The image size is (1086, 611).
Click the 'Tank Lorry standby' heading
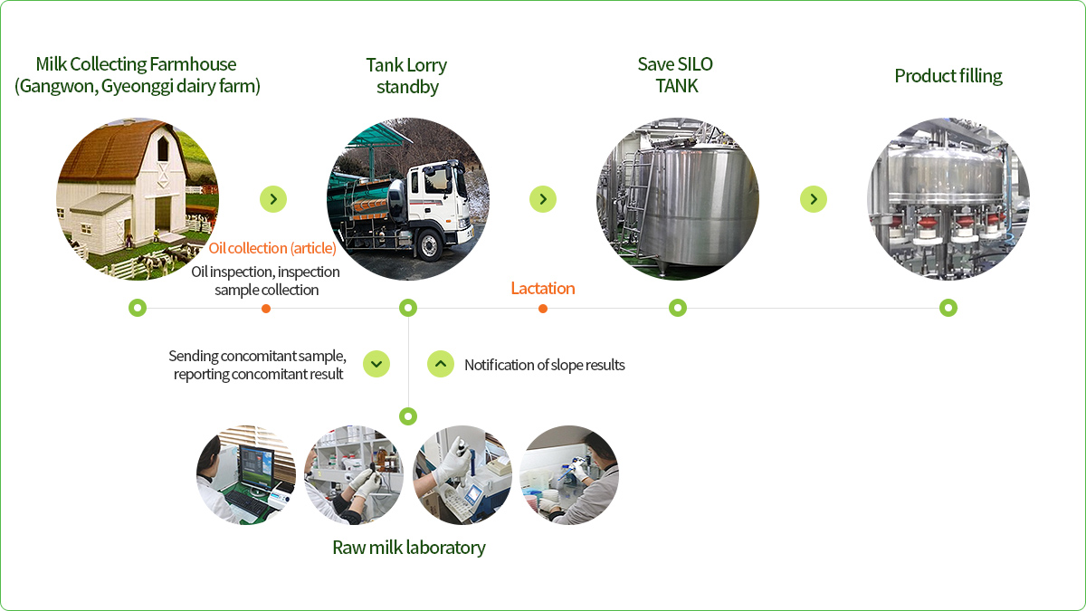pyautogui.click(x=406, y=76)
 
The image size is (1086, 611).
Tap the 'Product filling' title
pyautogui.click(x=948, y=76)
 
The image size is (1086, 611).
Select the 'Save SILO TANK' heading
pyautogui.click(x=676, y=74)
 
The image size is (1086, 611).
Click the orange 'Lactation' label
pyautogui.click(x=543, y=288)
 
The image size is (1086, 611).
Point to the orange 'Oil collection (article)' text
pyautogui.click(x=272, y=248)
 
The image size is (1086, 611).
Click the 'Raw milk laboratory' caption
pyautogui.click(x=409, y=548)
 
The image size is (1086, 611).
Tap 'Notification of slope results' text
pyautogui.click(x=545, y=365)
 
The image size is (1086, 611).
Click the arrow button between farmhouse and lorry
pyautogui.click(x=273, y=199)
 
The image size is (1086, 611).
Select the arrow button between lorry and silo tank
pyautogui.click(x=543, y=199)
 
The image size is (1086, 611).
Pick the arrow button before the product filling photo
pyautogui.click(x=814, y=199)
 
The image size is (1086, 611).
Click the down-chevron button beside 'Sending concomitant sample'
pyautogui.click(x=376, y=364)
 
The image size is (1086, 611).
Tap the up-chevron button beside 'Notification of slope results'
pyautogui.click(x=441, y=364)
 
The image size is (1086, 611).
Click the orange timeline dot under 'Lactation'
pyautogui.click(x=543, y=309)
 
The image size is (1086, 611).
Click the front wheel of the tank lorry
pyautogui.click(x=430, y=245)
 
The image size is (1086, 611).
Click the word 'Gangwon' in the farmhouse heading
pyautogui.click(x=58, y=86)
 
